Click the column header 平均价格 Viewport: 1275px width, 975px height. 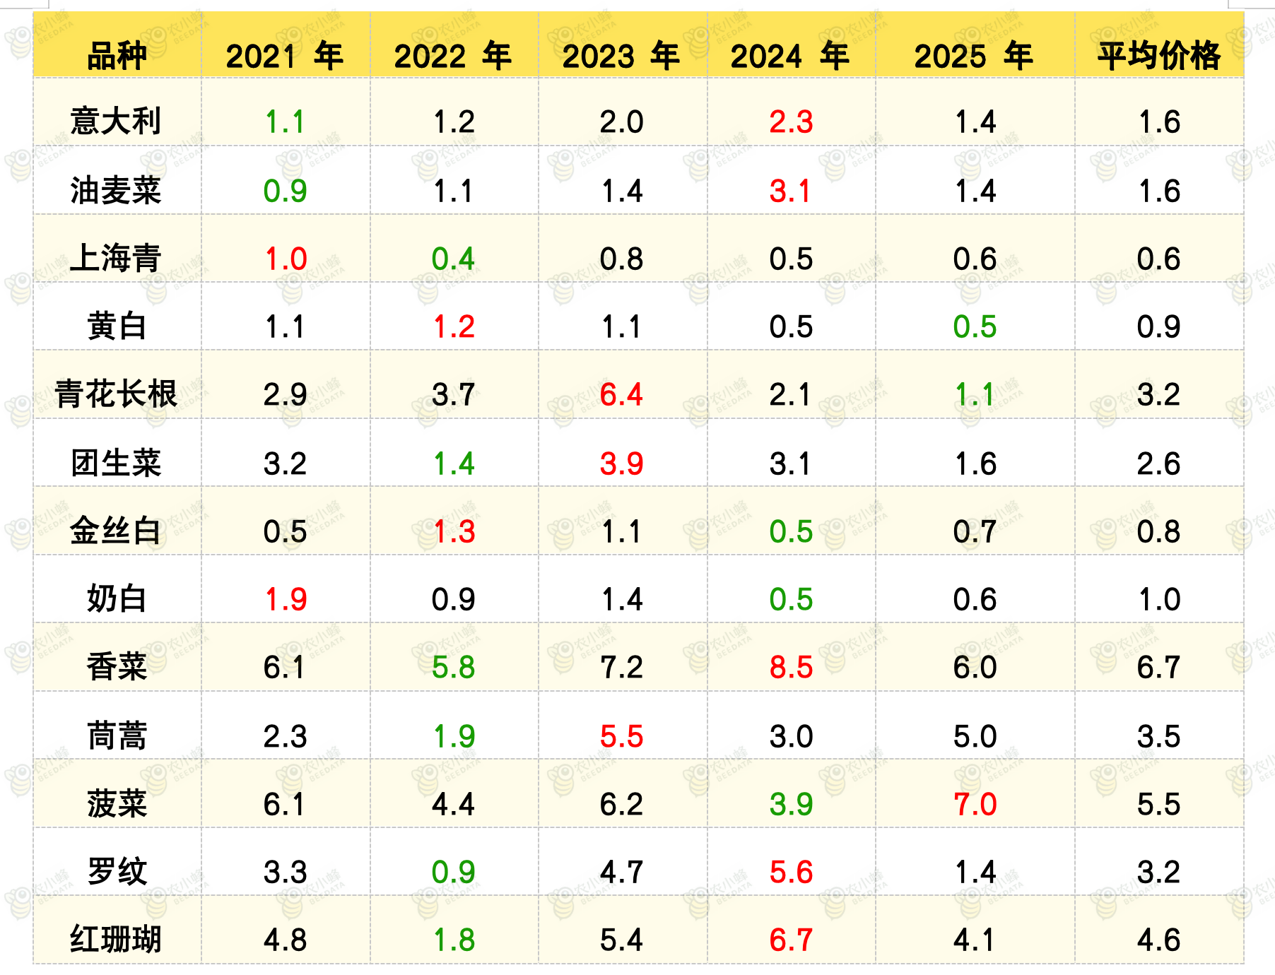click(x=1158, y=56)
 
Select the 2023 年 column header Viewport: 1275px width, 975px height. click(x=621, y=56)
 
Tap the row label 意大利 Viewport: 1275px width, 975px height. click(x=116, y=121)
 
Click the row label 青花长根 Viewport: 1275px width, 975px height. click(x=116, y=394)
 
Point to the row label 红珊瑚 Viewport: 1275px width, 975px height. click(x=116, y=939)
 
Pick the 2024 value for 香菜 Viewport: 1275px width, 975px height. click(x=791, y=667)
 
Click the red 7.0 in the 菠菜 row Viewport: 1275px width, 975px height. click(x=975, y=804)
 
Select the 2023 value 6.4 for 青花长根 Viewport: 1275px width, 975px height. click(x=621, y=394)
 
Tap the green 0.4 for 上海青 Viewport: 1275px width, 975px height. click(x=453, y=259)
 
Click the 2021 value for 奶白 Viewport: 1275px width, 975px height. click(x=286, y=599)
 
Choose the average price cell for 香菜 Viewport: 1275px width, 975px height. click(x=1158, y=667)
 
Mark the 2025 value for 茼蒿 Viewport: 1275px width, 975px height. click(x=975, y=736)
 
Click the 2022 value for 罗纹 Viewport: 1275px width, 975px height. click(x=453, y=872)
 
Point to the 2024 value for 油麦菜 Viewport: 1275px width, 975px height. click(x=790, y=191)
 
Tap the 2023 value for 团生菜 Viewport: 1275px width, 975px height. click(x=621, y=463)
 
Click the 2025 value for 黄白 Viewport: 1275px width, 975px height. click(x=975, y=326)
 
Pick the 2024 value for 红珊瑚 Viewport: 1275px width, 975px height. click(x=791, y=940)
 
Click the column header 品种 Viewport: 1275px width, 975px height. click(x=117, y=56)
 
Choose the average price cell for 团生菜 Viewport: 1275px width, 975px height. click(x=1158, y=463)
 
